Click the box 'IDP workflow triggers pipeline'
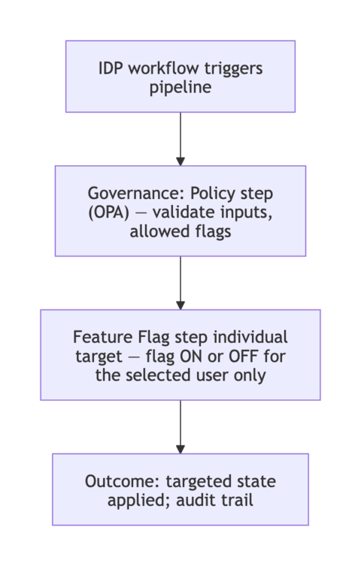[x=180, y=76]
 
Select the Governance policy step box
[x=180, y=211]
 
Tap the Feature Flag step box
[x=180, y=354]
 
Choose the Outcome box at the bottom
[x=180, y=489]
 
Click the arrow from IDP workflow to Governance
[x=180, y=139]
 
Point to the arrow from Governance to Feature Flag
[x=180, y=282]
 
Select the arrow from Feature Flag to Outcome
[x=180, y=426]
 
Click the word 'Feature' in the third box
[x=100, y=336]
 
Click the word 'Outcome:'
[x=120, y=480]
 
